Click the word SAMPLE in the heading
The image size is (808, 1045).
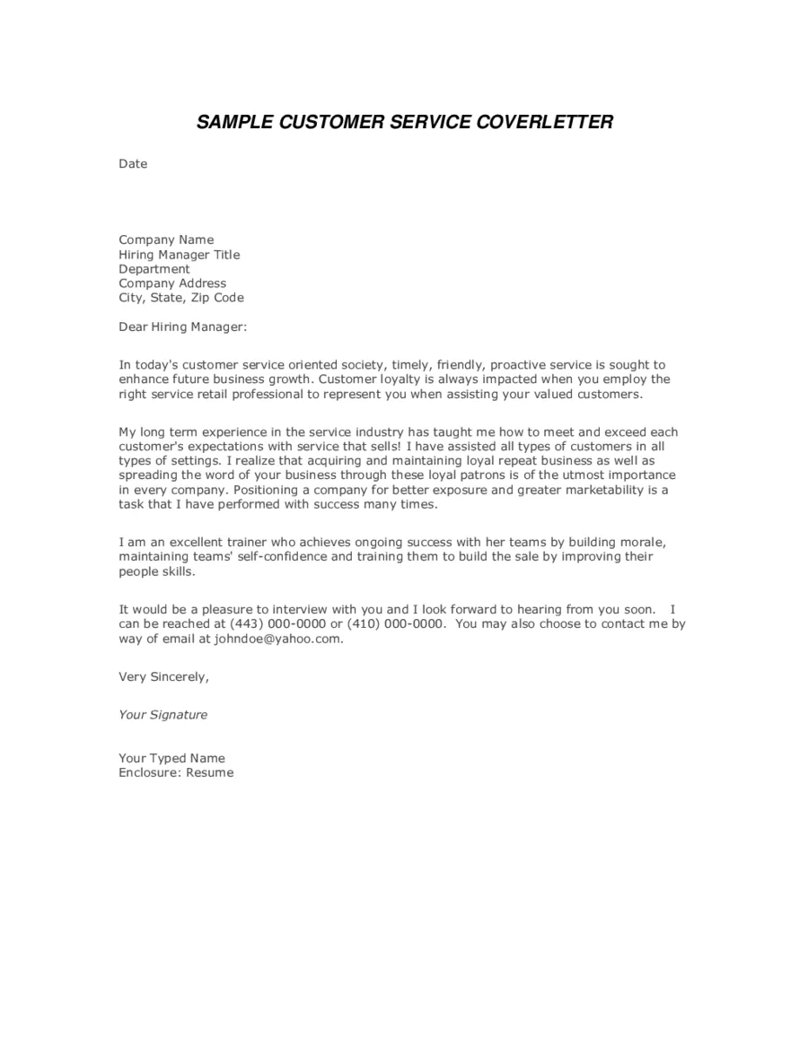click(233, 122)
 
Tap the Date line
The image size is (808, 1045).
click(133, 164)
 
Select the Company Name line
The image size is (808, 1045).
click(166, 239)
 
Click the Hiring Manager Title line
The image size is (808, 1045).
click(180, 254)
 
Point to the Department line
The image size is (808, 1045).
click(154, 268)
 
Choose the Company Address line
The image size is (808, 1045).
click(172, 283)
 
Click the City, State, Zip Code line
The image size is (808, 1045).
click(181, 297)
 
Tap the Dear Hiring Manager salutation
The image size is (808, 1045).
click(182, 327)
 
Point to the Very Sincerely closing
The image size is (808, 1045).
click(163, 676)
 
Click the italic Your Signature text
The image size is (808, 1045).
click(162, 715)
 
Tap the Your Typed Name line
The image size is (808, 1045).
click(171, 758)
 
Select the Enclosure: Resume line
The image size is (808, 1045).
click(176, 772)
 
